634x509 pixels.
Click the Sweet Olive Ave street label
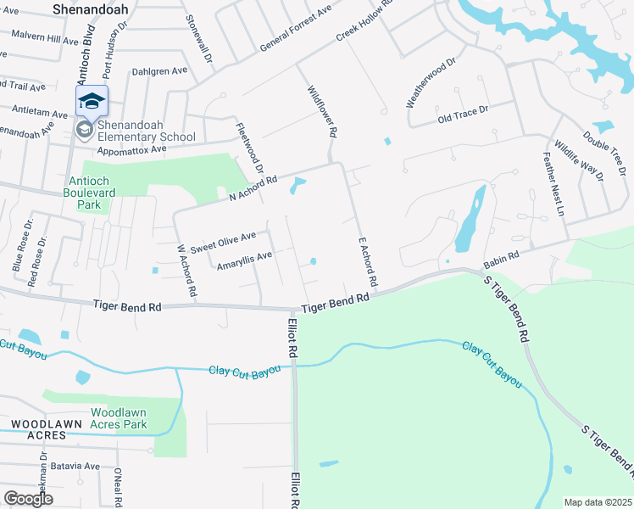pyautogui.click(x=223, y=243)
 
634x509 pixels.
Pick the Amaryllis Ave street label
pyautogui.click(x=244, y=260)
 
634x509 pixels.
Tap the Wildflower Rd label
pyautogui.click(x=323, y=110)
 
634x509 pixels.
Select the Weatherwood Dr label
pyautogui.click(x=431, y=82)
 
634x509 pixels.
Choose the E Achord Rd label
pyautogui.click(x=367, y=260)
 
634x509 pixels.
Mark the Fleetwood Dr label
pyautogui.click(x=249, y=149)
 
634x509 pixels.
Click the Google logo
pyautogui.click(x=28, y=499)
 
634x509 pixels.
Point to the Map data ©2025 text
pyautogui.click(x=598, y=502)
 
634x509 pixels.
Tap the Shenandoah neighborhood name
pyautogui.click(x=91, y=8)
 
